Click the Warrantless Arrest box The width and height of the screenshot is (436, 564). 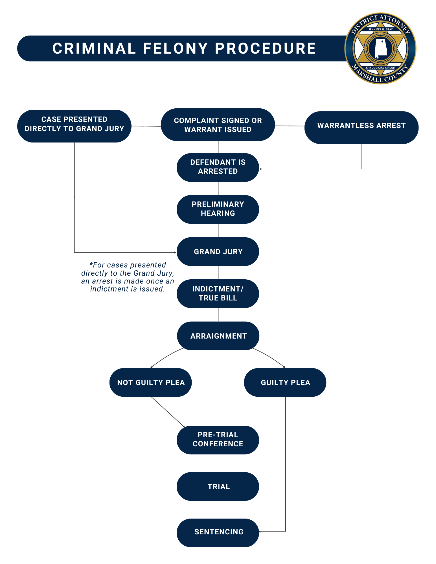(361, 127)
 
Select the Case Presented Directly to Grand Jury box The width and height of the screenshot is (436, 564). (74, 126)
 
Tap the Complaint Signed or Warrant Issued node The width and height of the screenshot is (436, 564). (218, 124)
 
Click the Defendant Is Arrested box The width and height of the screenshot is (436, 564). (218, 167)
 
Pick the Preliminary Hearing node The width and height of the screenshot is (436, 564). (218, 209)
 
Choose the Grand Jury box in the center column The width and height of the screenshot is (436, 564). (218, 251)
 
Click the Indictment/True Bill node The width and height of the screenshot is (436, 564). (218, 293)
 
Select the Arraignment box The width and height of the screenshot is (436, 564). (218, 336)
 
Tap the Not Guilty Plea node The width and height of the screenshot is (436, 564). (150, 382)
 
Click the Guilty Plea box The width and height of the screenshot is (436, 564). (285, 382)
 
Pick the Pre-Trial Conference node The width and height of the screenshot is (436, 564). (218, 440)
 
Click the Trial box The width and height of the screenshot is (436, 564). (218, 486)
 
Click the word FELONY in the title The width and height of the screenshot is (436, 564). (175, 48)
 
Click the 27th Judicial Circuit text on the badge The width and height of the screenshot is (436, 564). (380, 68)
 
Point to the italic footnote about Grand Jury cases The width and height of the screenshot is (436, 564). (127, 277)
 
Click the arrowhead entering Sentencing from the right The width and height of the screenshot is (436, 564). (260, 532)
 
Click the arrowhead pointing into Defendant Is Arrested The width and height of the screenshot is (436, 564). (261, 169)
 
